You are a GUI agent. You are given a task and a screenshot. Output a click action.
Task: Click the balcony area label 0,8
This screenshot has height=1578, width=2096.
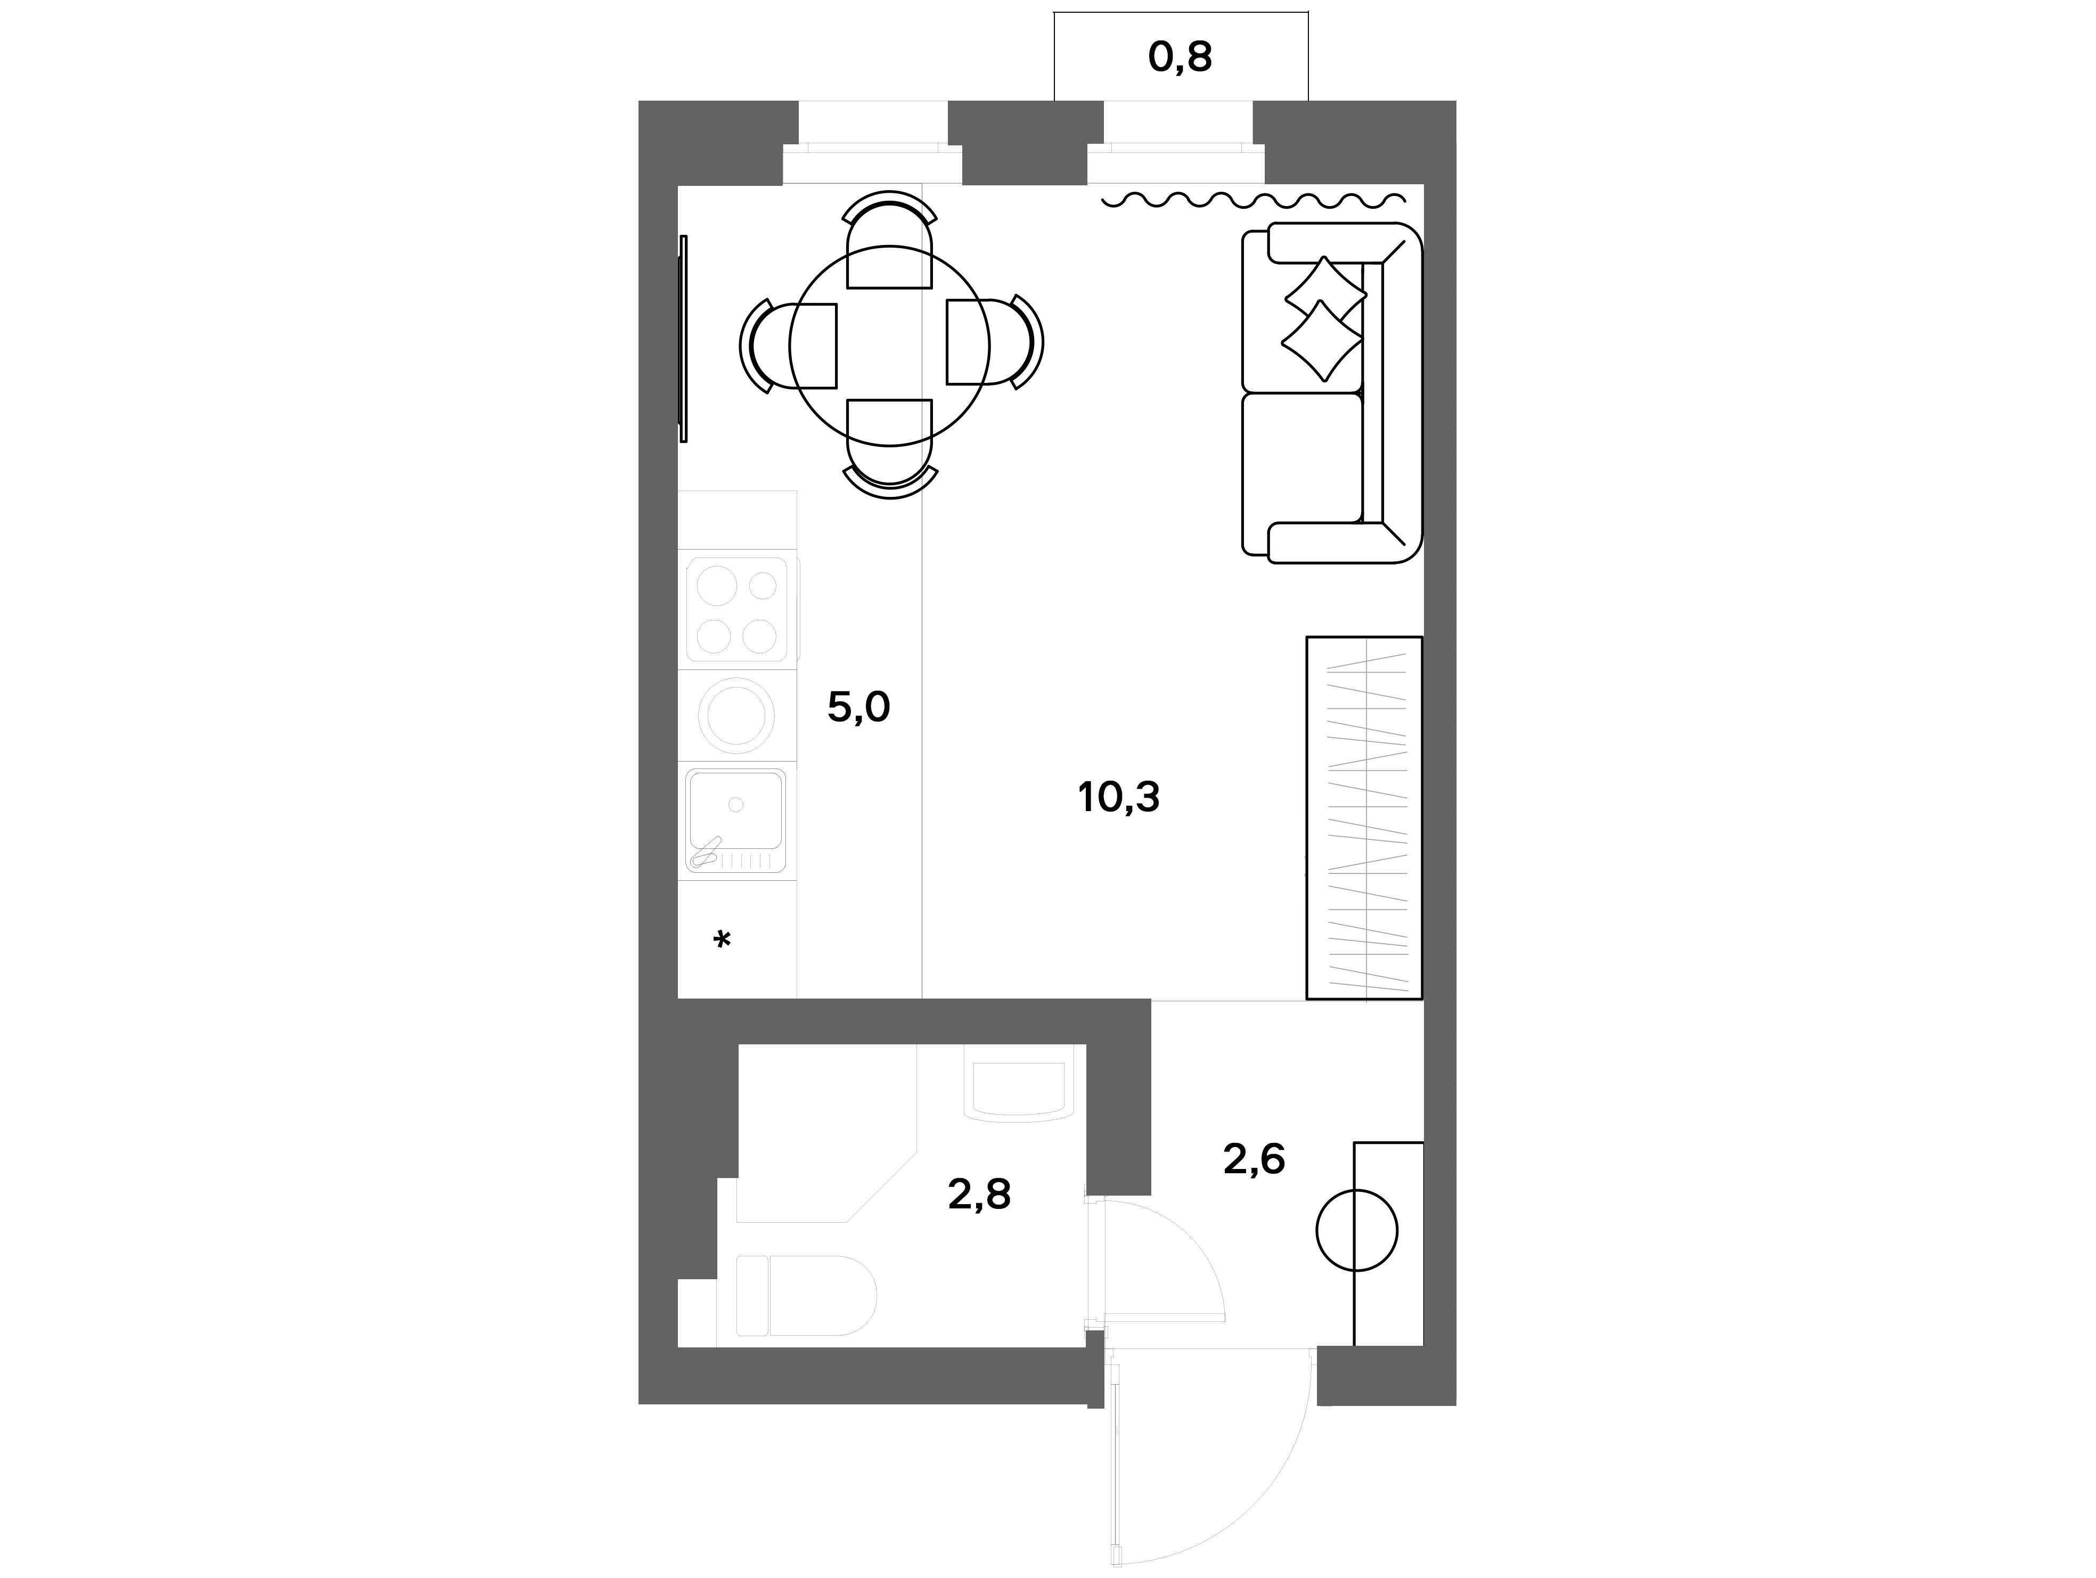pos(1180,58)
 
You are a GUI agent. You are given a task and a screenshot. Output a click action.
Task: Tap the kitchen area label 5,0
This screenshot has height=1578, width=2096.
pos(858,707)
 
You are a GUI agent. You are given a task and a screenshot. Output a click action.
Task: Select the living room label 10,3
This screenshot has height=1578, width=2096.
pos(1118,797)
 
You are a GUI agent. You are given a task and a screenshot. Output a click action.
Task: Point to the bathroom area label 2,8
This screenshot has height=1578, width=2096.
pos(979,1195)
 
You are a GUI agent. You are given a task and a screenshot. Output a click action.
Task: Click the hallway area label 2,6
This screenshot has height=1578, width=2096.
pos(1254,1159)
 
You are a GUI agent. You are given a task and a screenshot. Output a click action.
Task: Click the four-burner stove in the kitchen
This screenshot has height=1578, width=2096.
pos(737,609)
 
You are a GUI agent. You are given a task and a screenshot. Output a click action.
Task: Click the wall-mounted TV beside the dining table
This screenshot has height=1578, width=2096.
pos(683,338)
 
